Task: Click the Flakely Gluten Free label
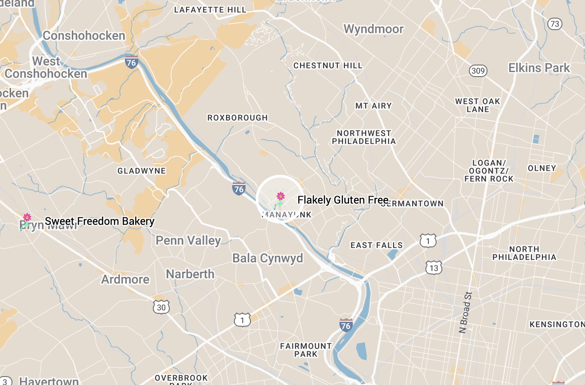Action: [343, 200]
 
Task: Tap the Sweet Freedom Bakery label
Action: [100, 221]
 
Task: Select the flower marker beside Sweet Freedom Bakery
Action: [27, 217]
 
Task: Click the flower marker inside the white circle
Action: [280, 196]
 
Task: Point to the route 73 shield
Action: [555, 23]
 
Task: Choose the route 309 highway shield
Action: [479, 71]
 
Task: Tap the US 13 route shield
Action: [433, 268]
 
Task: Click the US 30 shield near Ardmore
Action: [161, 307]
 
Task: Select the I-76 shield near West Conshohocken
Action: [131, 62]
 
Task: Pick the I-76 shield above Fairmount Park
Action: [346, 325]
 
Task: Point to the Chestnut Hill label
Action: [328, 65]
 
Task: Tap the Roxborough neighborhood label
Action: [238, 118]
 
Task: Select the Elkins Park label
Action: [539, 68]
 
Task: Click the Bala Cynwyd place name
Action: [268, 258]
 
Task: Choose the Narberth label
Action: [190, 274]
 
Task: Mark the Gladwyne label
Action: [141, 171]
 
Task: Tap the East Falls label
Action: [376, 245]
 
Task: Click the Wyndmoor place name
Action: [374, 29]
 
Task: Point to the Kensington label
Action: [557, 324]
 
